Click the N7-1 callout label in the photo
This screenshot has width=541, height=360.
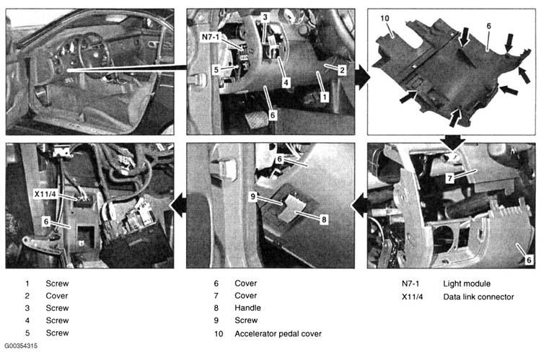(x=210, y=37)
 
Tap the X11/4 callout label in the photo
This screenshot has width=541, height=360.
(x=45, y=193)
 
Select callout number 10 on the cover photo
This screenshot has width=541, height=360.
(x=384, y=18)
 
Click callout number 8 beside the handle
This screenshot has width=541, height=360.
(x=324, y=219)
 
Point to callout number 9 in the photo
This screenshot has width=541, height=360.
(x=253, y=196)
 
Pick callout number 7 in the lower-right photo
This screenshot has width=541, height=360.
(x=449, y=178)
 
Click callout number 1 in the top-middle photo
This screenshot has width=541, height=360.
(x=325, y=97)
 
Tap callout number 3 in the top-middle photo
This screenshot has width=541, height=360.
(x=265, y=17)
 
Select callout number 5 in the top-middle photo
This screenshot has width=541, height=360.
(x=216, y=69)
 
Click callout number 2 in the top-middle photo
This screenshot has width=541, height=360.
(x=342, y=70)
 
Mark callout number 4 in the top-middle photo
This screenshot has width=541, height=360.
(x=286, y=82)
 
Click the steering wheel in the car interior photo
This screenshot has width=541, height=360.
(x=92, y=56)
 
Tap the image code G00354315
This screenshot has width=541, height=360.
(x=21, y=346)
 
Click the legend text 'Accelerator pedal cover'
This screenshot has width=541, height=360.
(x=278, y=334)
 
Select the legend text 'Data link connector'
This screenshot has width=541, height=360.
(x=478, y=297)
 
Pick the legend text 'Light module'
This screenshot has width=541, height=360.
(x=467, y=284)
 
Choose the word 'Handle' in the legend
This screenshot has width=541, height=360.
(x=247, y=308)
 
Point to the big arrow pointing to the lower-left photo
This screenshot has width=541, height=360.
(x=179, y=206)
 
